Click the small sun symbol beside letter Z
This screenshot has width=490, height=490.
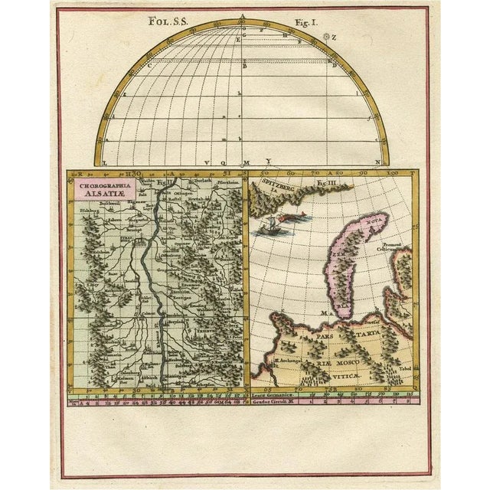[328, 36]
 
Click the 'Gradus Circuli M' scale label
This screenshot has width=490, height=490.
[271, 399]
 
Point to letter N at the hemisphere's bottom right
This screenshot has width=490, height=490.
[377, 162]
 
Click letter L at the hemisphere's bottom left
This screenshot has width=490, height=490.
[105, 162]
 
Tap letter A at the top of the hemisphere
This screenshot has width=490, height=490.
[243, 18]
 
